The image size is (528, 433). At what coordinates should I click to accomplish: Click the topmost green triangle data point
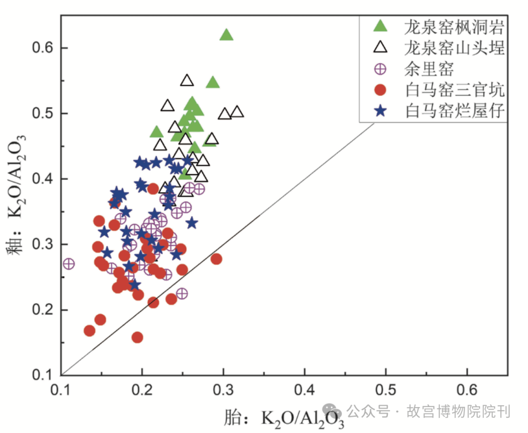pos(226,35)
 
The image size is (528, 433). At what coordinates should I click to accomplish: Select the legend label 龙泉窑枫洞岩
pos(454,27)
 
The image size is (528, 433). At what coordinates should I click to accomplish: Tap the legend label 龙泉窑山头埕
pos(454,48)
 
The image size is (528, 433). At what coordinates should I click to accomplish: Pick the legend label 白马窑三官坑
pos(454,90)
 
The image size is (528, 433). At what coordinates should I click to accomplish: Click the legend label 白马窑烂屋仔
pos(454,112)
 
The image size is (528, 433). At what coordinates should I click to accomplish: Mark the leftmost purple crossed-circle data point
pos(69,264)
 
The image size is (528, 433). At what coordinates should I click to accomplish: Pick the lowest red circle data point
pos(137,337)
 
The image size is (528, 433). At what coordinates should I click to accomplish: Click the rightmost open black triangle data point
pos(237,112)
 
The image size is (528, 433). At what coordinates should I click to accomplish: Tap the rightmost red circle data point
pos(216,259)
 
